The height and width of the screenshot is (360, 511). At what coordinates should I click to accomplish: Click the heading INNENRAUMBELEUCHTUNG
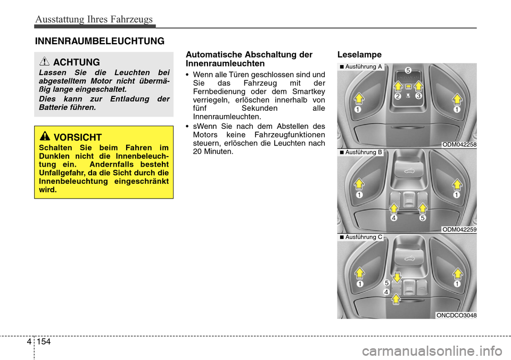click(x=100, y=40)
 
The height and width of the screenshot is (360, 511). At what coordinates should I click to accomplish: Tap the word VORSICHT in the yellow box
click(x=78, y=137)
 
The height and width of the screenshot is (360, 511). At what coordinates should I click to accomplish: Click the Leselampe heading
click(x=359, y=54)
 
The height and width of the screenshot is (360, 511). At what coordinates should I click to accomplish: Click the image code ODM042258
click(x=459, y=144)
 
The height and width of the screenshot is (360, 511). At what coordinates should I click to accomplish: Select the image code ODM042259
click(x=459, y=229)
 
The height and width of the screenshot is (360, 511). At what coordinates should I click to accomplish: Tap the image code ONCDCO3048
click(x=456, y=315)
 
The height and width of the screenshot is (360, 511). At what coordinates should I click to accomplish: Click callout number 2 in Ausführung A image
click(x=398, y=96)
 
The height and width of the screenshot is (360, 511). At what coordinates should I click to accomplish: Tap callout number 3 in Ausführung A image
click(x=419, y=96)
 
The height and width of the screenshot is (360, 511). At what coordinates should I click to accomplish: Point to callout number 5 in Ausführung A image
click(x=407, y=70)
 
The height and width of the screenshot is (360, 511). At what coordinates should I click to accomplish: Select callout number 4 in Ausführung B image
click(x=393, y=218)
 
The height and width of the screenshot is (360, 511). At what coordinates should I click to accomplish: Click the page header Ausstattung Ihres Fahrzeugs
click(x=94, y=19)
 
